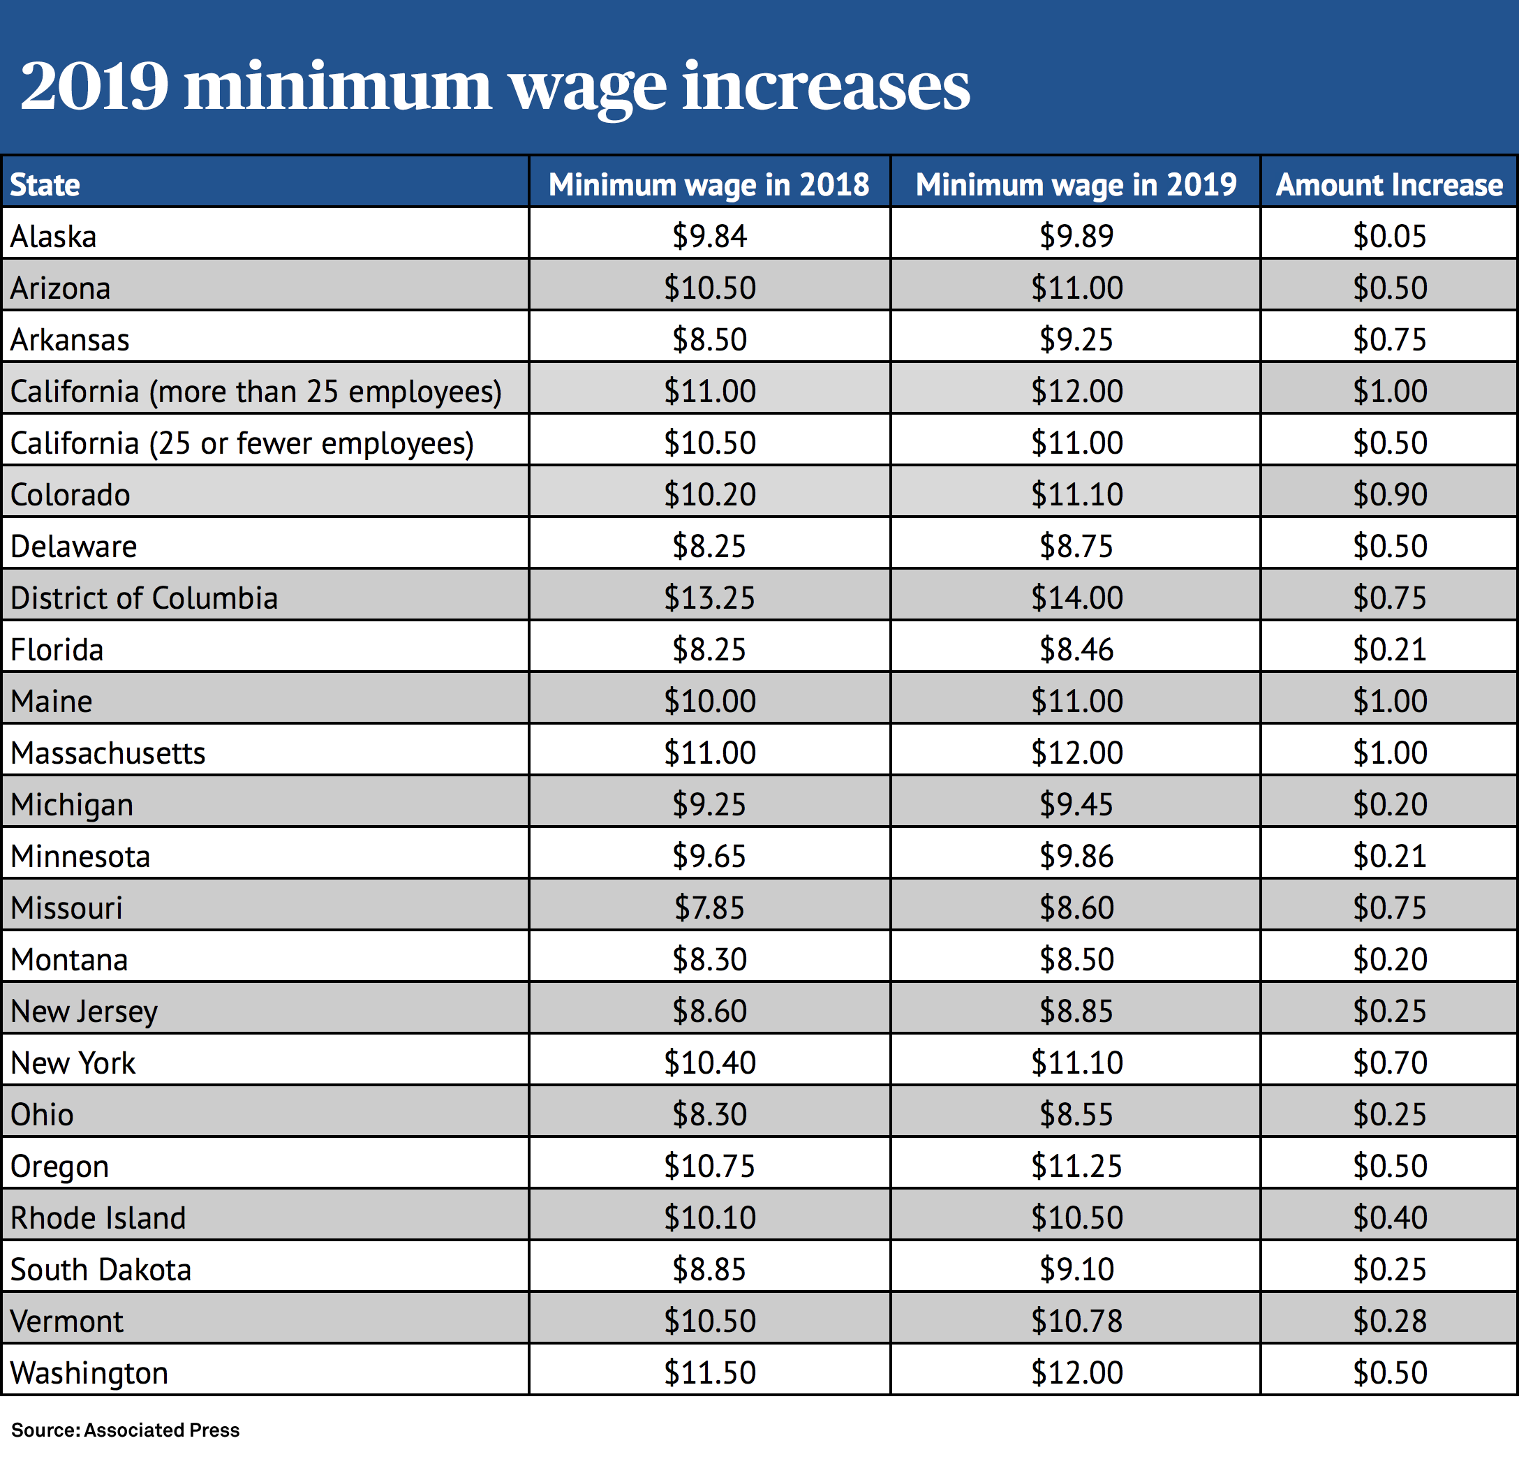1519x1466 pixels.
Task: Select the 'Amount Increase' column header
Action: pyautogui.click(x=1388, y=184)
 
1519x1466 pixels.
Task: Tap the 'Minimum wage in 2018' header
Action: pyautogui.click(x=709, y=184)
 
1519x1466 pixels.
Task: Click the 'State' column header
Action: pyautogui.click(x=45, y=185)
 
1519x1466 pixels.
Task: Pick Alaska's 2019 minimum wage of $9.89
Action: pyautogui.click(x=1076, y=235)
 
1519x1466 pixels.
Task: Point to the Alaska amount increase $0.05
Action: pyautogui.click(x=1388, y=235)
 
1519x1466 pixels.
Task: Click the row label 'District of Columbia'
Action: pyautogui.click(x=144, y=598)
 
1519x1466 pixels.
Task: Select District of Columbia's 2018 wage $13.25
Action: pyautogui.click(x=709, y=598)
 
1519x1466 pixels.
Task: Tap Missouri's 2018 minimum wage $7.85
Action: pyautogui.click(x=709, y=908)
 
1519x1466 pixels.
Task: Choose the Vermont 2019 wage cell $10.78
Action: pyautogui.click(x=1076, y=1320)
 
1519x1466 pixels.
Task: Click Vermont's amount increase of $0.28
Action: pyautogui.click(x=1388, y=1320)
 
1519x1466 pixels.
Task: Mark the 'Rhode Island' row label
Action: pyautogui.click(x=98, y=1218)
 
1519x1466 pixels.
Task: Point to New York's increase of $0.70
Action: pyautogui.click(x=1388, y=1063)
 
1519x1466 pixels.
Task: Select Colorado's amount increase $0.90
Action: pyautogui.click(x=1388, y=494)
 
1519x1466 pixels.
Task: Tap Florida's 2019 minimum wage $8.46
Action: pyautogui.click(x=1076, y=649)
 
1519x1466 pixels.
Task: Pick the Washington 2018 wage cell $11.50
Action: pyautogui.click(x=709, y=1372)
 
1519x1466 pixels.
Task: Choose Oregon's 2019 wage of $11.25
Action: pyautogui.click(x=1076, y=1165)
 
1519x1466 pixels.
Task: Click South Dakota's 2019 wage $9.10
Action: pyautogui.click(x=1076, y=1269)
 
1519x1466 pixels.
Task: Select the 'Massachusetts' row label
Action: pyautogui.click(x=108, y=753)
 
